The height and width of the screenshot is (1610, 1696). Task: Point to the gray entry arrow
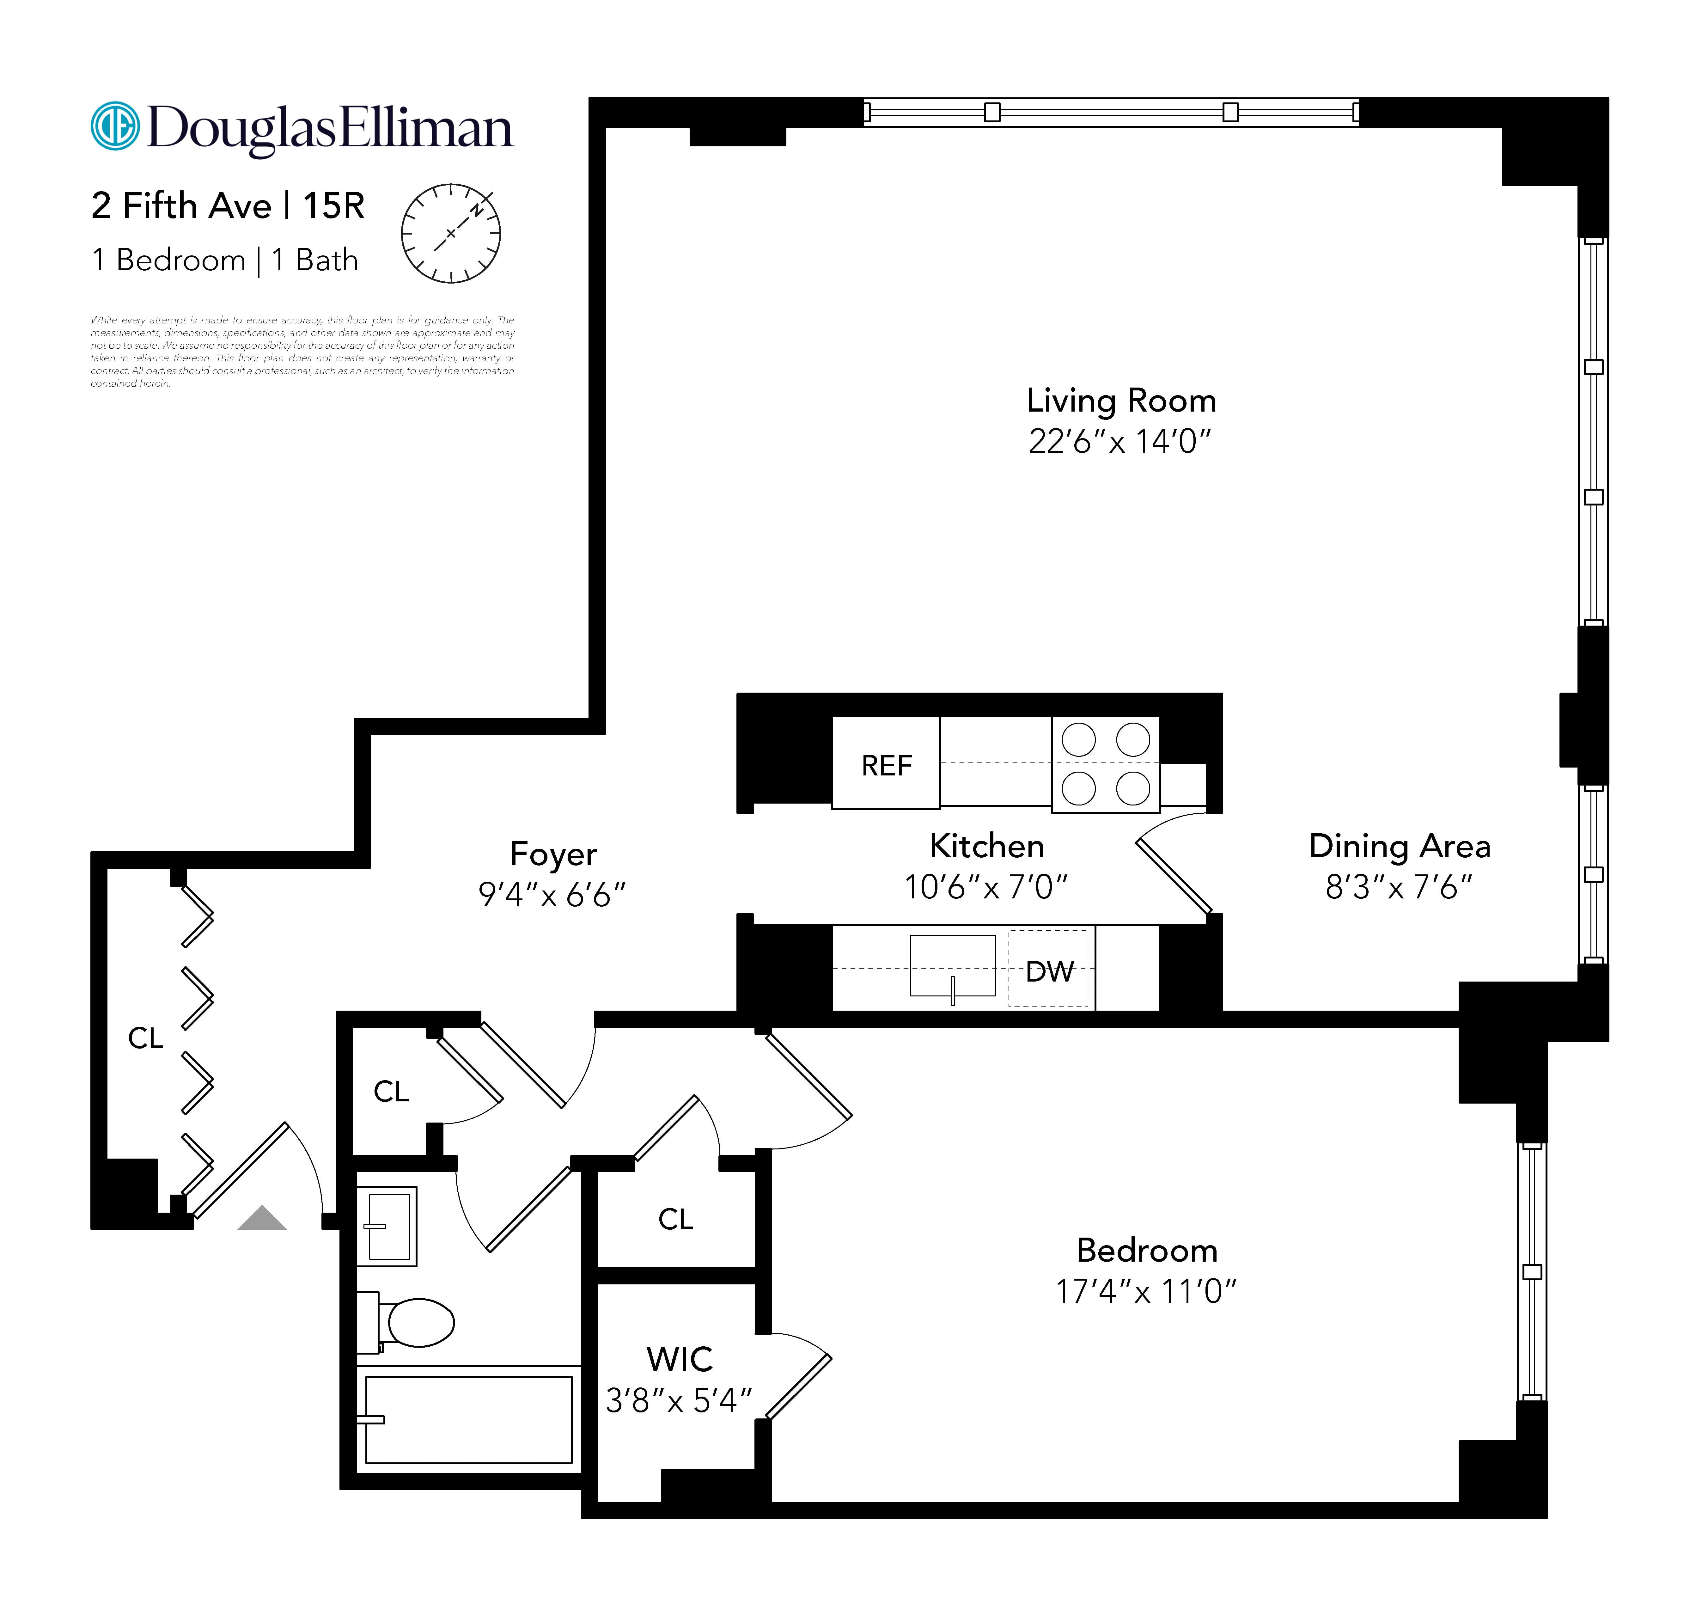pos(262,1219)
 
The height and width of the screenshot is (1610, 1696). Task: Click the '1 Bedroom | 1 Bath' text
pos(225,260)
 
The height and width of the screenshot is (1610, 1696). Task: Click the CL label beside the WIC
pos(675,1219)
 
